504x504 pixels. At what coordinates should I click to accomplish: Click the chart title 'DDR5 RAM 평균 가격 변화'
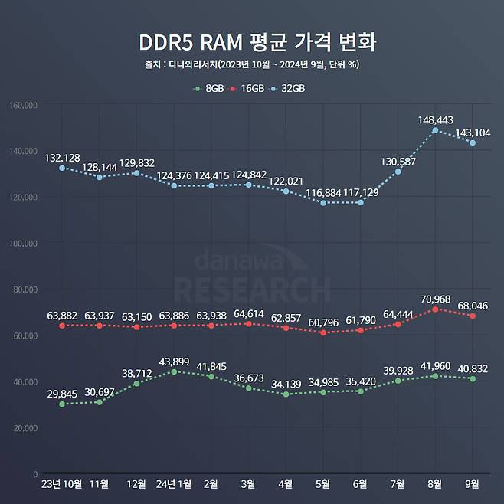[x=252, y=41]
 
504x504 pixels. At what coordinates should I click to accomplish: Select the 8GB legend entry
[x=209, y=89]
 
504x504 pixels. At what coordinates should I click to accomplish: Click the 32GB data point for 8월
[x=435, y=130]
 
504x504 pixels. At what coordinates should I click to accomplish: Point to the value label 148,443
[x=435, y=119]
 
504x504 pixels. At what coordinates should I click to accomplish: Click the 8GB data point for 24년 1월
[x=174, y=371]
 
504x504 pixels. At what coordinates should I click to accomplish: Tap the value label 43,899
[x=174, y=361]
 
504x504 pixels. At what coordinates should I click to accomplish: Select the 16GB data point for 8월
[x=435, y=309]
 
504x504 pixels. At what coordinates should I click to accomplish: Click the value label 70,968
[x=435, y=298]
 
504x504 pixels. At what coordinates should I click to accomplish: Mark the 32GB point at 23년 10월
[x=62, y=168]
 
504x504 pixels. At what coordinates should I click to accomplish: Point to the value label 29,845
[x=62, y=394]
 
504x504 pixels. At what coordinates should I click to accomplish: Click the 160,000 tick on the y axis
[x=24, y=105]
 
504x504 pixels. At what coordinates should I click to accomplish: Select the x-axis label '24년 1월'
[x=174, y=484]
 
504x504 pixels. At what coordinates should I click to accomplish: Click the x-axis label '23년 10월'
[x=62, y=484]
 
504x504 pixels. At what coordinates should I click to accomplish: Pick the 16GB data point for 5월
[x=322, y=332]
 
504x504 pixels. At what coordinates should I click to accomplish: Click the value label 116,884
[x=322, y=192]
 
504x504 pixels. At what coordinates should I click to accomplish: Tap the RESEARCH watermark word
[x=252, y=290]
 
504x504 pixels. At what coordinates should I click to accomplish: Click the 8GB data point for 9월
[x=473, y=378]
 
